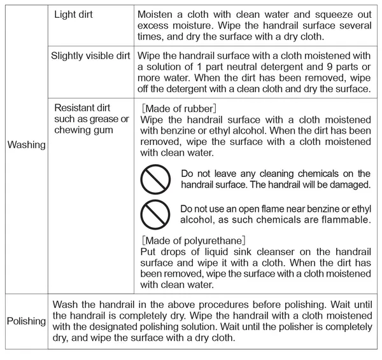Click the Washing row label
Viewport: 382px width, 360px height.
tap(26, 145)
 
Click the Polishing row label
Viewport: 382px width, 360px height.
tap(26, 321)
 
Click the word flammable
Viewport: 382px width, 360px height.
tap(345, 220)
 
